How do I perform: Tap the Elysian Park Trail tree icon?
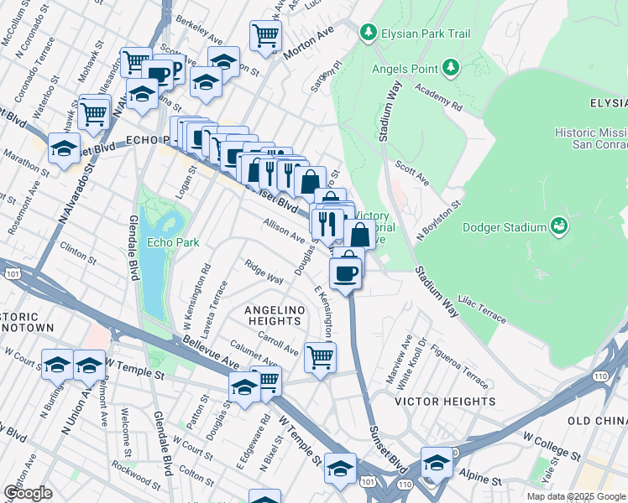coord(368,33)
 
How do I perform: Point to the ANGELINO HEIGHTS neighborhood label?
coord(272,310)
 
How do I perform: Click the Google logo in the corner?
coord(28,493)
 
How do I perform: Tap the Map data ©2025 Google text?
coord(576,496)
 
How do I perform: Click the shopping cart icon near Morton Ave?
coord(265,35)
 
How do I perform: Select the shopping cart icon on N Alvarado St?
coord(94,112)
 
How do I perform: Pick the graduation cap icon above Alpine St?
coord(437,463)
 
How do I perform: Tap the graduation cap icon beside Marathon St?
coord(64,148)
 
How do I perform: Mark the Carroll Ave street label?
coord(279,344)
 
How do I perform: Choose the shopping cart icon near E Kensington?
coord(320,356)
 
